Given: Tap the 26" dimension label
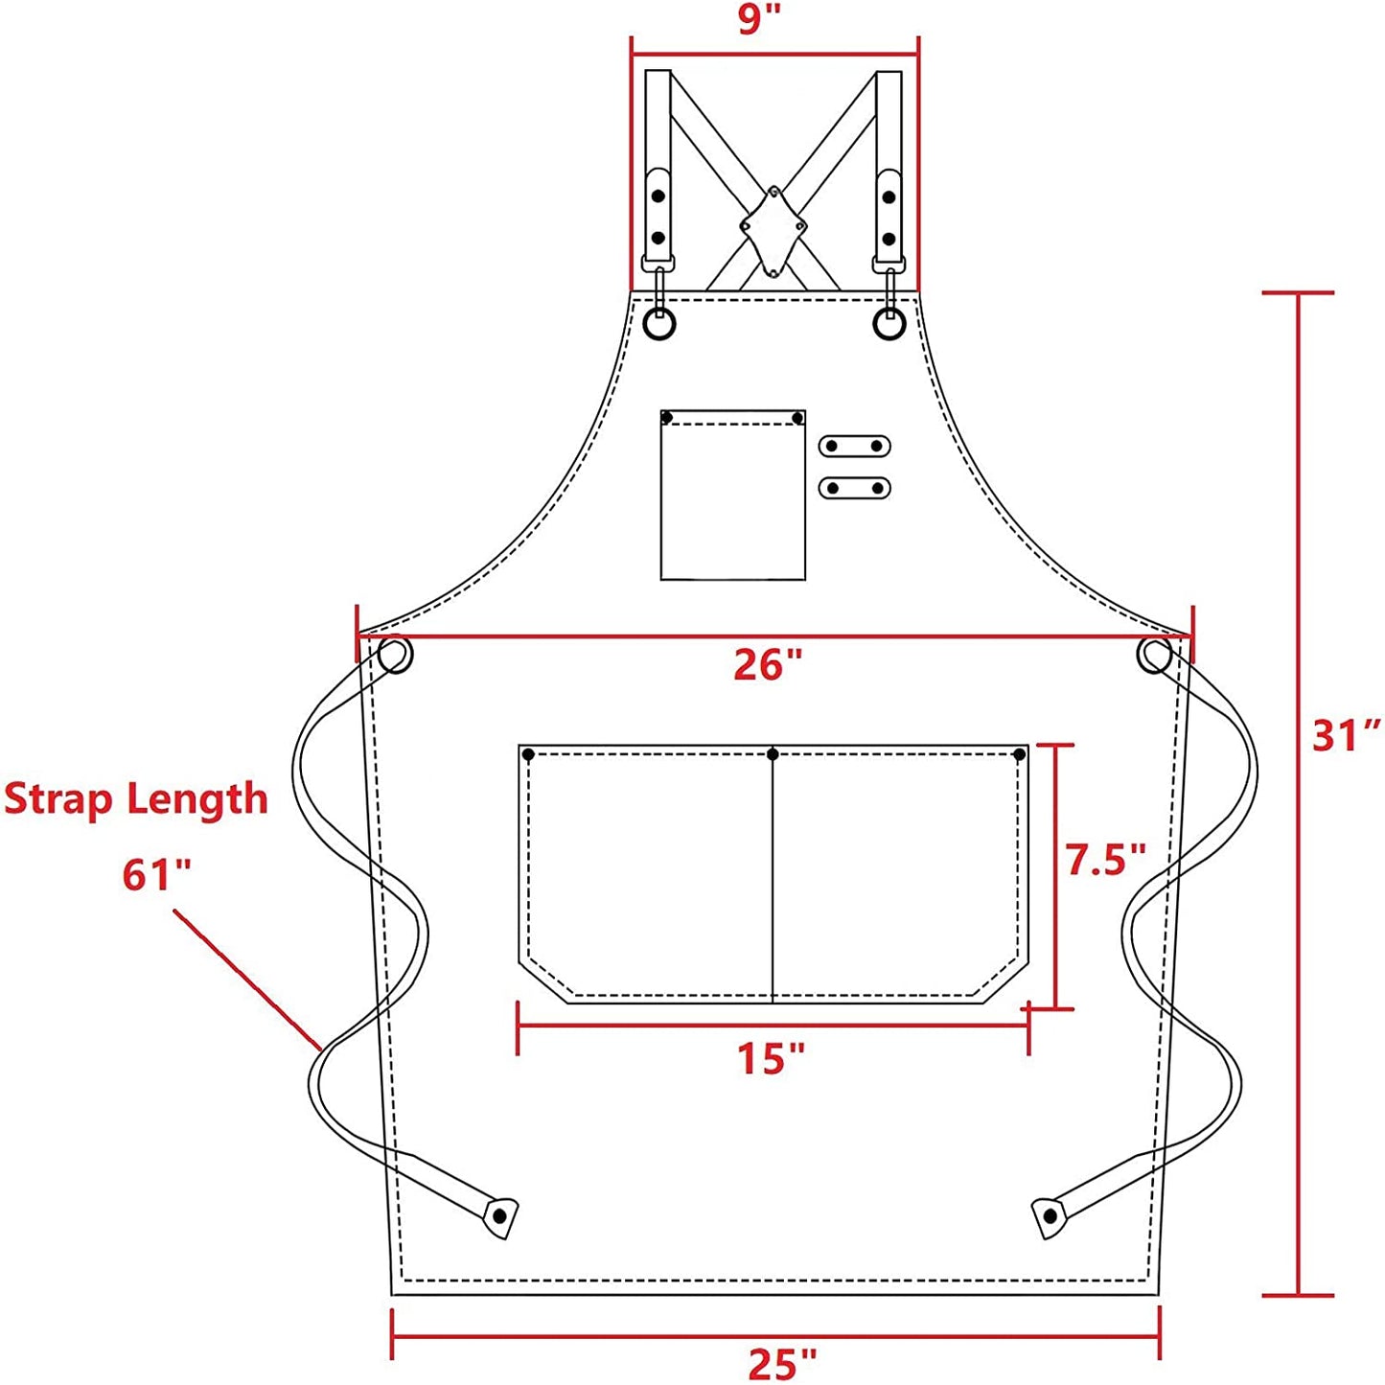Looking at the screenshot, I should [767, 665].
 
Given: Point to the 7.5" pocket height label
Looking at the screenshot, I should [1106, 860].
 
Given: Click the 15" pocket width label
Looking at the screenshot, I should [771, 1058].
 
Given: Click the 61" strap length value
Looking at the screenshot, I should [156, 874].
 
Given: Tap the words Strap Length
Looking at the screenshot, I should [136, 799].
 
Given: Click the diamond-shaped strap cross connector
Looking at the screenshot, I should [773, 230].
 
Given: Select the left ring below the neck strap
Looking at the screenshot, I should [659, 325].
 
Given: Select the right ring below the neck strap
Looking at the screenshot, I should [889, 325].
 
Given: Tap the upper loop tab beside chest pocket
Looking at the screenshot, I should [854, 446].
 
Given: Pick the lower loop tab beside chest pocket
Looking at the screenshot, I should [854, 488].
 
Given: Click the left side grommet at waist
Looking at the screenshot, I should [395, 656].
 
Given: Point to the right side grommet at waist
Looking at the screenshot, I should [1154, 656].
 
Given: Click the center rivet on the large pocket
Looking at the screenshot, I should [773, 755].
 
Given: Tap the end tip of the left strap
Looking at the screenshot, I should [499, 1216].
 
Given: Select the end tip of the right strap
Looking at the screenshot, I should [1050, 1217].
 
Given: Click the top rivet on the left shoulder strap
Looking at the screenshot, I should [658, 196].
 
